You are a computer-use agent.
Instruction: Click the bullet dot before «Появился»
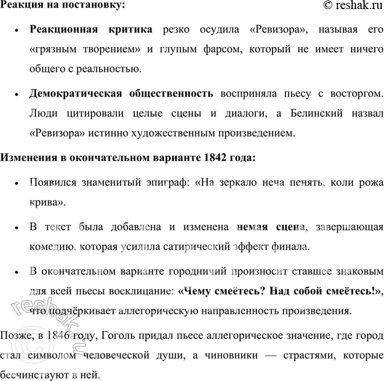pos(18,184)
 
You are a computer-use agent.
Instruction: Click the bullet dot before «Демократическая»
pos(18,93)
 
